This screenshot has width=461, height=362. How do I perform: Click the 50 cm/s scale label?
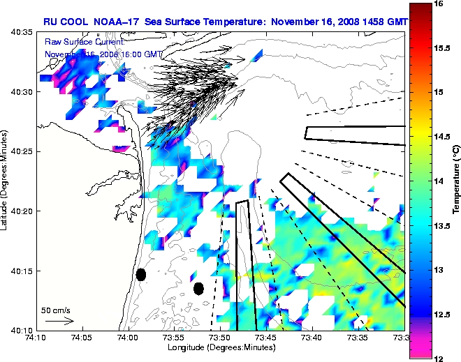56,310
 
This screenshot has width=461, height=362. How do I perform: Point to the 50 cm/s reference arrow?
59,322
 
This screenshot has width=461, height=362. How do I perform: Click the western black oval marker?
140,274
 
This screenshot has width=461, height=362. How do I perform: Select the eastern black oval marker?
198,288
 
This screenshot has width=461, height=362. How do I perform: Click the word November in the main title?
294,22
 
